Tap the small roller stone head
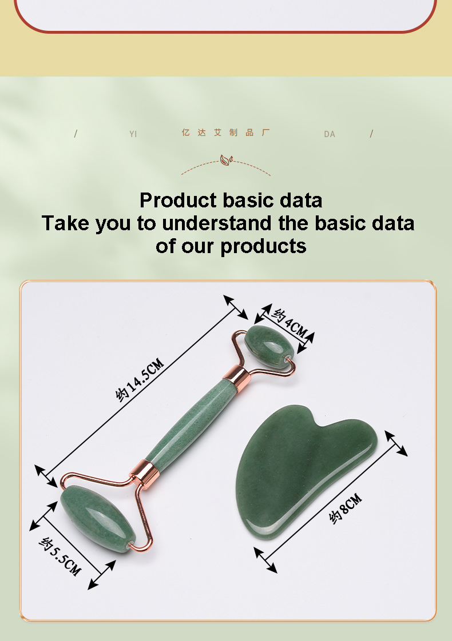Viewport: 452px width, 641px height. (269, 346)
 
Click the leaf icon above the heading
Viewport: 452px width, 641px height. (226, 160)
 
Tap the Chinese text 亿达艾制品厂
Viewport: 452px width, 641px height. (225, 133)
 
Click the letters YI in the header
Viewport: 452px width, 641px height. (133, 134)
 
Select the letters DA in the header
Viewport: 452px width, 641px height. (330, 134)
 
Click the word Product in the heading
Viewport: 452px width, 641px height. (178, 201)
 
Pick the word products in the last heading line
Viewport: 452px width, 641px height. (263, 246)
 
